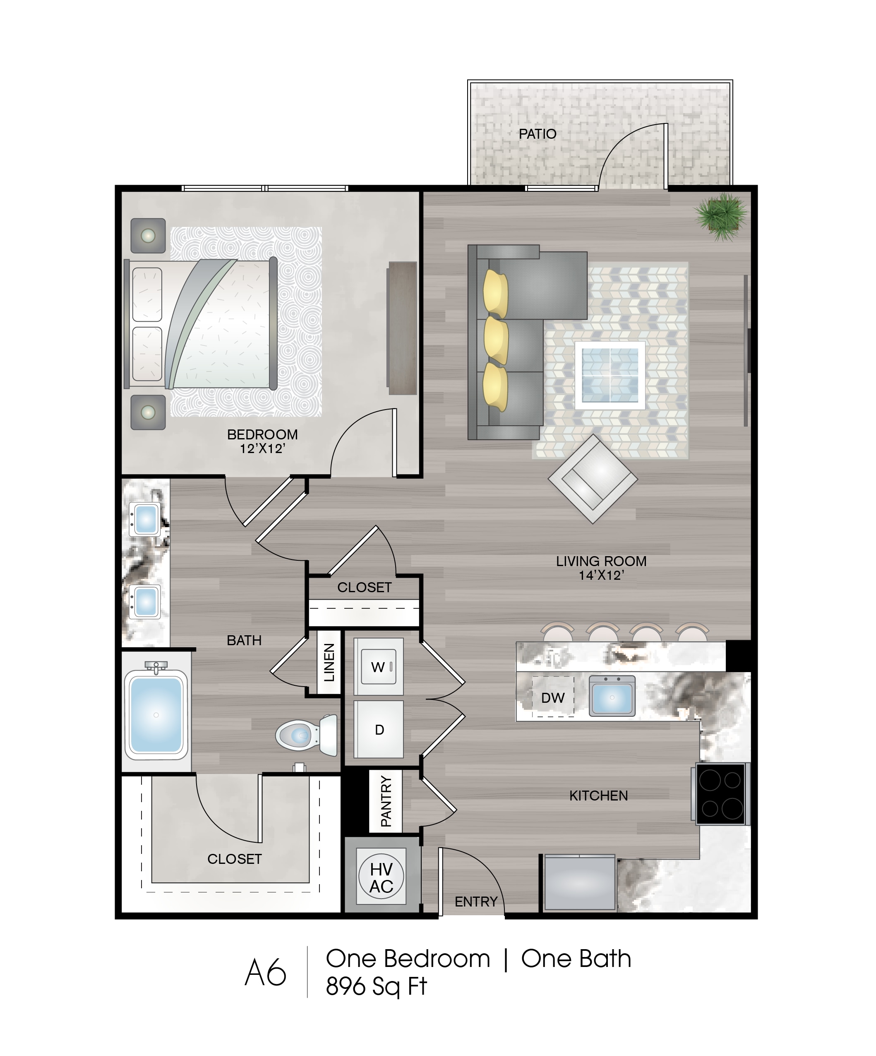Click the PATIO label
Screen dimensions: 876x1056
(x=537, y=134)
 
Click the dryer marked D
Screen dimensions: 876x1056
(x=379, y=729)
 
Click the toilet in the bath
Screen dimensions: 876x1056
(x=307, y=735)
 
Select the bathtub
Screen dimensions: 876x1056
(x=156, y=714)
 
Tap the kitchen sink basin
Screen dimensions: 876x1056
(x=612, y=695)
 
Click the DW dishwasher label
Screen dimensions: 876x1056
(x=553, y=697)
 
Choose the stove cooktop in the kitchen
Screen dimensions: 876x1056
(x=722, y=794)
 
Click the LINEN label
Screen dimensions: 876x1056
(x=329, y=662)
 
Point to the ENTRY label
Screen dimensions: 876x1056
(x=476, y=902)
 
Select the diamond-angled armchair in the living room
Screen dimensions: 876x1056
(x=593, y=479)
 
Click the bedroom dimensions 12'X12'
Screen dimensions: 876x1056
(x=262, y=448)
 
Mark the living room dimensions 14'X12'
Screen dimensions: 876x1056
(x=601, y=575)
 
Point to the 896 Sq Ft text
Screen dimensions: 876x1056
(x=376, y=986)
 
